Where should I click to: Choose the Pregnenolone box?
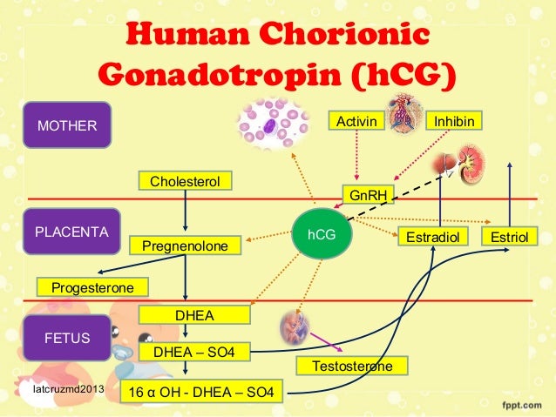click(x=185, y=248)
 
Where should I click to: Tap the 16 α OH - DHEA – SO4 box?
click(x=200, y=395)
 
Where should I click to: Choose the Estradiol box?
click(x=433, y=236)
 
